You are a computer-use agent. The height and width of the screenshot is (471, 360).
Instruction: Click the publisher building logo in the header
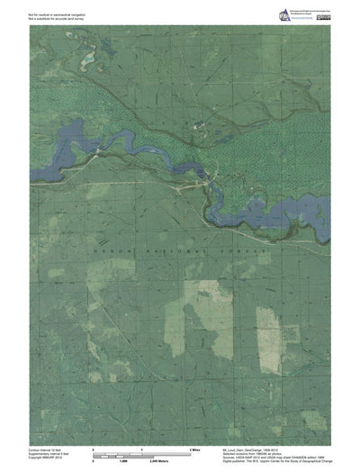[x=286, y=14]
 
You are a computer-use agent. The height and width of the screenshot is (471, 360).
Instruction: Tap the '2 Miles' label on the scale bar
[x=193, y=447]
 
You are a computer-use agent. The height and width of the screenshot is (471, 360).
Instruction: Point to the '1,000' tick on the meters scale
[x=142, y=458]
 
